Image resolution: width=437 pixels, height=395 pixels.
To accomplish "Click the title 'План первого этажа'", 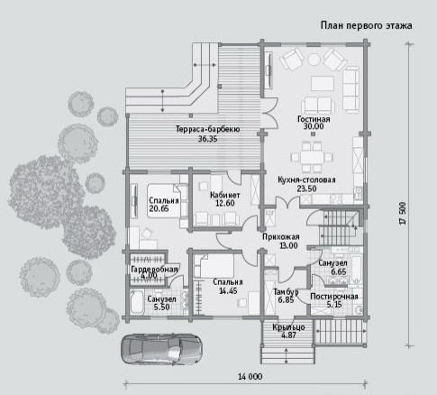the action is [x=366, y=25].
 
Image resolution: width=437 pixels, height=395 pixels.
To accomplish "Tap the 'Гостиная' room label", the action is [x=314, y=119].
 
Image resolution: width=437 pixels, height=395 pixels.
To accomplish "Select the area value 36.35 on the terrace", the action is [x=207, y=139].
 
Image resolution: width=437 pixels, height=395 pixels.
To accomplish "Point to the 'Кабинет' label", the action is [x=225, y=195].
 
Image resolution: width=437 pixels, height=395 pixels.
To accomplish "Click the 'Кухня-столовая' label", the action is [x=306, y=180].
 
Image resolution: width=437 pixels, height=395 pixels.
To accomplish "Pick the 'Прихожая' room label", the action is [x=281, y=237].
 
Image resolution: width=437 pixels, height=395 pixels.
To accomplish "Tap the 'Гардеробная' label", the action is [x=154, y=270].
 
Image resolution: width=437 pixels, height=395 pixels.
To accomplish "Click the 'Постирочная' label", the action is [x=334, y=297].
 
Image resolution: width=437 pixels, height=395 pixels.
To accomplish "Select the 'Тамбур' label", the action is [x=286, y=292].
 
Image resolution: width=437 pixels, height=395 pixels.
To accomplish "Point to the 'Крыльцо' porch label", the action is [x=288, y=327].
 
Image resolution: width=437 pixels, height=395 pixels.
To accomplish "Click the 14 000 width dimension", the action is [x=250, y=376].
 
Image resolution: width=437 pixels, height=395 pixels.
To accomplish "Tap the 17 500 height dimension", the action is [x=403, y=213].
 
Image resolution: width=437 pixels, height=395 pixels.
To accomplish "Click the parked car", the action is [x=161, y=349].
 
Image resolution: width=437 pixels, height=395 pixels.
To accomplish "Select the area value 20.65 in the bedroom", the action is [x=159, y=208].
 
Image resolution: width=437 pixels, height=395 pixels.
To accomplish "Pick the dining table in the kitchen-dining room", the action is [x=312, y=157].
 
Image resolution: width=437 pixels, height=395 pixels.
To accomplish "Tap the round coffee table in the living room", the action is [x=314, y=59].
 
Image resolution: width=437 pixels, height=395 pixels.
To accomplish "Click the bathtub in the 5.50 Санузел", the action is [x=137, y=301].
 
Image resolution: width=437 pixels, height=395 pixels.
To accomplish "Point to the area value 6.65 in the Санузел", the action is [x=339, y=271].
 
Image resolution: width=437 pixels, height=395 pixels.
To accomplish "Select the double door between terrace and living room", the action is [x=269, y=113].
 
